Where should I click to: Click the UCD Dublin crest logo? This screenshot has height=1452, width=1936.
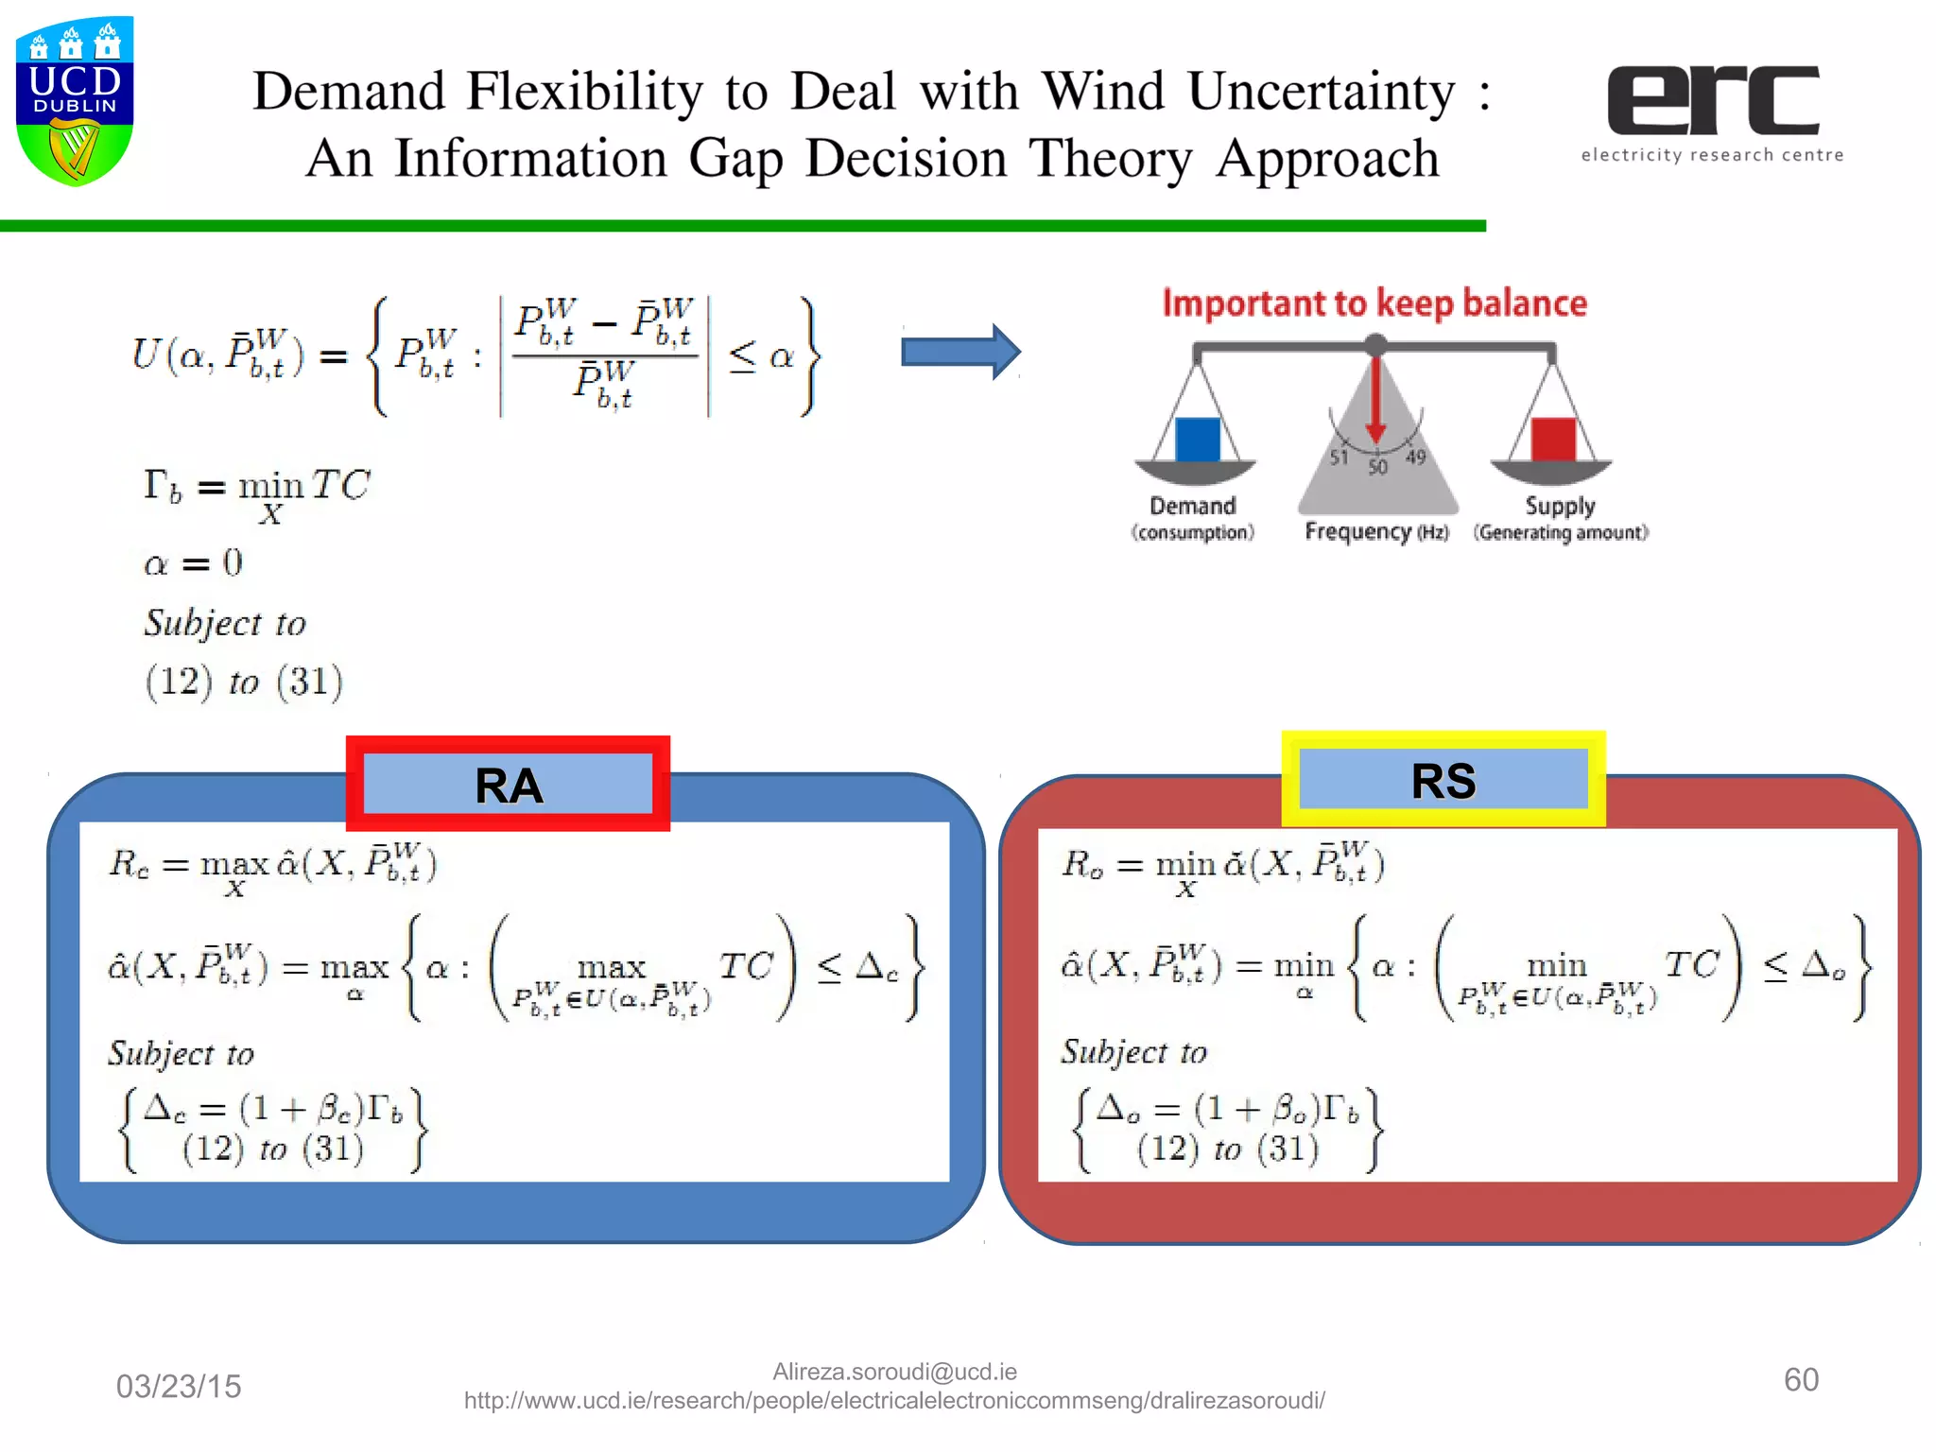pyautogui.click(x=75, y=100)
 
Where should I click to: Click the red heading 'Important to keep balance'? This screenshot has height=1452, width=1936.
pyautogui.click(x=1374, y=303)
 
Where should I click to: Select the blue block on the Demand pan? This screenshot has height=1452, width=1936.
pyautogui.click(x=1197, y=440)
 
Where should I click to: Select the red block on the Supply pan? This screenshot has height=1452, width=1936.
pyautogui.click(x=1553, y=440)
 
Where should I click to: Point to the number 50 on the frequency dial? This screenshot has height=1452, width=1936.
pyautogui.click(x=1377, y=467)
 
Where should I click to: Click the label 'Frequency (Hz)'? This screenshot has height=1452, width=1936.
pyautogui.click(x=1375, y=532)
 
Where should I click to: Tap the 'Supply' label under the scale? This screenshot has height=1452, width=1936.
pyautogui.click(x=1559, y=507)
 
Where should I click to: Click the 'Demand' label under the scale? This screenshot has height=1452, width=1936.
pyautogui.click(x=1192, y=507)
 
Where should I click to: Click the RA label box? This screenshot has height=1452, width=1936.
pyautogui.click(x=509, y=785)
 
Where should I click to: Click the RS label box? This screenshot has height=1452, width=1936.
pyautogui.click(x=1443, y=780)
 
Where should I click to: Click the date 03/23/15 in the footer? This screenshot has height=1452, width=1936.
pyautogui.click(x=179, y=1386)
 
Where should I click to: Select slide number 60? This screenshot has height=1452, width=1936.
pyautogui.click(x=1800, y=1379)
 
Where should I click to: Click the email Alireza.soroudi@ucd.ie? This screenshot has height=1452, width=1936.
pyautogui.click(x=894, y=1372)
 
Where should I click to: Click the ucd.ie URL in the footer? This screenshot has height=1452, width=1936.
pyautogui.click(x=894, y=1401)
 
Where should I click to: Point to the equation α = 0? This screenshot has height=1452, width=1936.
pyautogui.click(x=193, y=563)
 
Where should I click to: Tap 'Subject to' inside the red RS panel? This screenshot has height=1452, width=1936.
pyautogui.click(x=1133, y=1052)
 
